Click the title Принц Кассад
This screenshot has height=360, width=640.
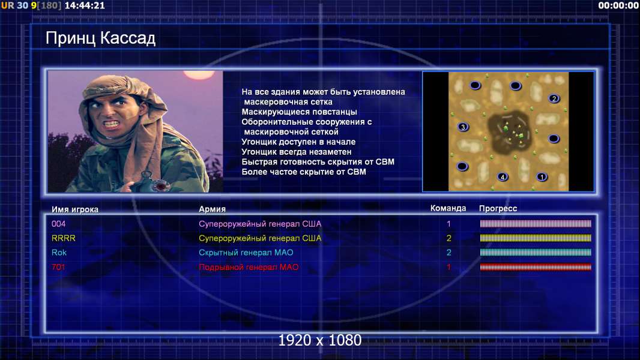pos(100,39)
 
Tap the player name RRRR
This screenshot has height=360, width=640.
pos(63,238)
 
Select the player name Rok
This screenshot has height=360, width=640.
pos(59,253)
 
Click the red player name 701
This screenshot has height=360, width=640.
pos(58,267)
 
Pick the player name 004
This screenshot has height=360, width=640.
pos(58,224)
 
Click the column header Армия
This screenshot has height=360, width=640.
pos(213,209)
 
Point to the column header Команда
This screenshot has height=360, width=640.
pos(448,208)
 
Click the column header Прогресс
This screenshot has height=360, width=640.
pos(498,209)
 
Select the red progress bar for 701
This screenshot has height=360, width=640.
pos(536,267)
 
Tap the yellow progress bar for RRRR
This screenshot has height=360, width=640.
pos(536,238)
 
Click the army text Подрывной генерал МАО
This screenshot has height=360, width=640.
pos(249,268)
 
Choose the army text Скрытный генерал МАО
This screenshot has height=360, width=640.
pos(246,253)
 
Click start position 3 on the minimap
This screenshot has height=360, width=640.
pos(463,127)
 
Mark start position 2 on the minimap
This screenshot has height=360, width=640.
pos(554,98)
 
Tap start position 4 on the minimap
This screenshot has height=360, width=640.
pos(503,176)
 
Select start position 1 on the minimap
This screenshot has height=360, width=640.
pos(542,176)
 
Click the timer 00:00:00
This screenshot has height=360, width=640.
pos(618,6)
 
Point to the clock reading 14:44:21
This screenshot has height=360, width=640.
pos(85,6)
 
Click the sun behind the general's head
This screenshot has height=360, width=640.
pos(199,74)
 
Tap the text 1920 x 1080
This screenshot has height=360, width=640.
pos(320,340)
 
